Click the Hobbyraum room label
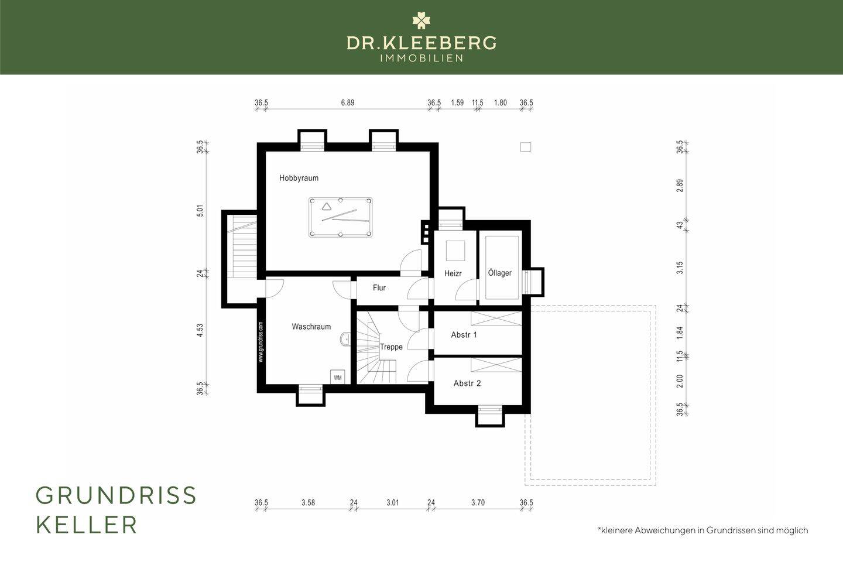pyautogui.click(x=299, y=178)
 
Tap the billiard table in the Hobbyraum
pyautogui.click(x=341, y=218)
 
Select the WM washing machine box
pyautogui.click(x=338, y=377)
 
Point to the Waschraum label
pyautogui.click(x=311, y=327)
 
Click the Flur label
pyautogui.click(x=379, y=288)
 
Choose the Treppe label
pyautogui.click(x=392, y=347)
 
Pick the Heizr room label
pyautogui.click(x=453, y=273)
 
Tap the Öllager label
pyautogui.click(x=500, y=273)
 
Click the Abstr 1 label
pyautogui.click(x=464, y=335)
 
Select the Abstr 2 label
pyautogui.click(x=467, y=383)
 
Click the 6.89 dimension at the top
pyautogui.click(x=348, y=103)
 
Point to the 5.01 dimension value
pyautogui.click(x=200, y=211)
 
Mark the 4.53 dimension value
pyautogui.click(x=200, y=330)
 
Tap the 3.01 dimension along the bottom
pyautogui.click(x=392, y=502)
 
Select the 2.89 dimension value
pyautogui.click(x=680, y=186)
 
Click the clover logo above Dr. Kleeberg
pyautogui.click(x=421, y=20)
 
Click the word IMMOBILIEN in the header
pyautogui.click(x=421, y=59)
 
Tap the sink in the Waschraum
pyautogui.click(x=345, y=339)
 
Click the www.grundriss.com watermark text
pyautogui.click(x=261, y=342)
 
